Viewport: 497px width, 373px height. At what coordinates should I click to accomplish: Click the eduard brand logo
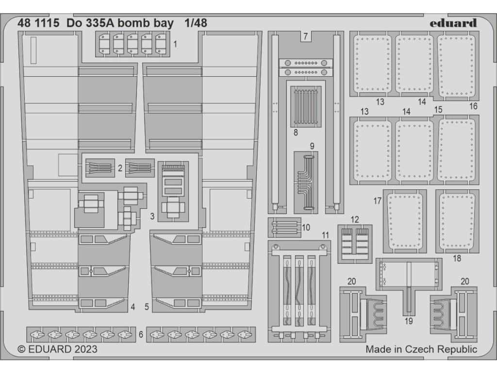tap(453, 23)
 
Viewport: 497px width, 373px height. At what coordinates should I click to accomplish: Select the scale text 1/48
tap(196, 23)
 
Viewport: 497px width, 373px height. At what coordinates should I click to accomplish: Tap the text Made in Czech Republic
tap(421, 349)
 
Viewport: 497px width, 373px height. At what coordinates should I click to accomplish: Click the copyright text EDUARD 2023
tap(57, 349)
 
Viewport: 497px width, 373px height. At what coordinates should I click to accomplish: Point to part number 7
tap(305, 36)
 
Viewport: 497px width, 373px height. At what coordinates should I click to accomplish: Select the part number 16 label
tap(474, 106)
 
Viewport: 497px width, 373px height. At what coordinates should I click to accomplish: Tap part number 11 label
tap(325, 235)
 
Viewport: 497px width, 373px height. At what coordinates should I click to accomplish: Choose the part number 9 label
tap(312, 146)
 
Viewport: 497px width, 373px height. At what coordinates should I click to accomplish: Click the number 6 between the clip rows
tap(141, 334)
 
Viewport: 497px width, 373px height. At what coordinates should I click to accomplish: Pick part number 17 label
tap(377, 200)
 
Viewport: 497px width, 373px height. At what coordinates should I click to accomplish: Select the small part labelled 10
tap(284, 227)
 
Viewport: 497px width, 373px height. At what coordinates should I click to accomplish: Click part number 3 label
tap(152, 215)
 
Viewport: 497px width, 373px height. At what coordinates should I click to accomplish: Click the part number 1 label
tap(175, 44)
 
